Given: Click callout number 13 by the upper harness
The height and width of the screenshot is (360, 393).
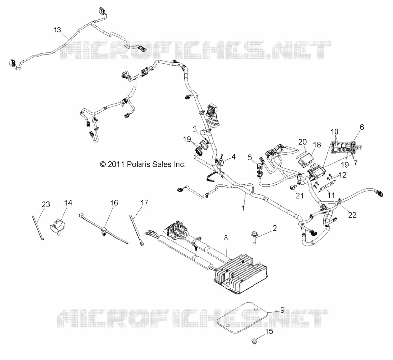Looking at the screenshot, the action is [57, 30].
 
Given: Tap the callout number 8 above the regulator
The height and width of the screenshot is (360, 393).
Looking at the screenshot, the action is [226, 238].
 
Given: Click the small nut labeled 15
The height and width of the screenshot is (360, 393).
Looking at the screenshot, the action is [254, 341].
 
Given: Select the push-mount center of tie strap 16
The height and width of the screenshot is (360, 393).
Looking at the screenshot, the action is [104, 230].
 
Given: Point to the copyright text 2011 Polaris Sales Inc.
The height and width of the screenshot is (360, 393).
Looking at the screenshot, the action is [142, 164].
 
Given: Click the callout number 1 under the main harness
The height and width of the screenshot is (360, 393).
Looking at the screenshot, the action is [243, 208].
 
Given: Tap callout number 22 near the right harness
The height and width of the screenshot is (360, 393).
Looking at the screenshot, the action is [352, 215].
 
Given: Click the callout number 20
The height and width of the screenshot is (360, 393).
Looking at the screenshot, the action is [302, 142].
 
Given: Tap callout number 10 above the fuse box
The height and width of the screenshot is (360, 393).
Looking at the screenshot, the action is [335, 131].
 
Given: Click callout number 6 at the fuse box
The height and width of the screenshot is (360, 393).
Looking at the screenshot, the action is [362, 127].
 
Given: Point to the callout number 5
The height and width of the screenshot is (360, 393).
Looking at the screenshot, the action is [250, 157].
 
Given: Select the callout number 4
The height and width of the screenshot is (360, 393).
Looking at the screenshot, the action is [234, 157].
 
